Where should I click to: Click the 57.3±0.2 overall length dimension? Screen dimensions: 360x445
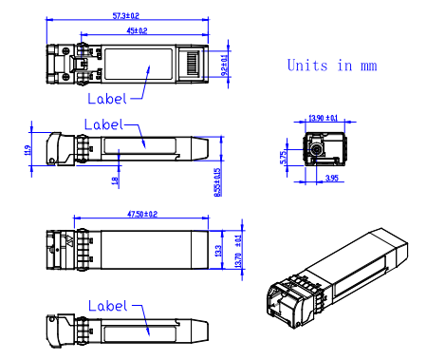coord(126,16)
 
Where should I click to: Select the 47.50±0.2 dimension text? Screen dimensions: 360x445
coord(138,216)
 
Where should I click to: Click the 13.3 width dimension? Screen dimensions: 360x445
coord(218,250)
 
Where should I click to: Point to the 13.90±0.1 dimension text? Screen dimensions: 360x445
coord(324,119)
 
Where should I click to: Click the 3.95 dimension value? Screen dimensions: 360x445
coord(332,178)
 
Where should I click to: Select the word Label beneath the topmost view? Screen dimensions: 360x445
coord(106,98)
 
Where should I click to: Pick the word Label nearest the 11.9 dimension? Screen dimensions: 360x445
coord(103,124)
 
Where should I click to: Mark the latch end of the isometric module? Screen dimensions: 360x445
coord(288,299)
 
